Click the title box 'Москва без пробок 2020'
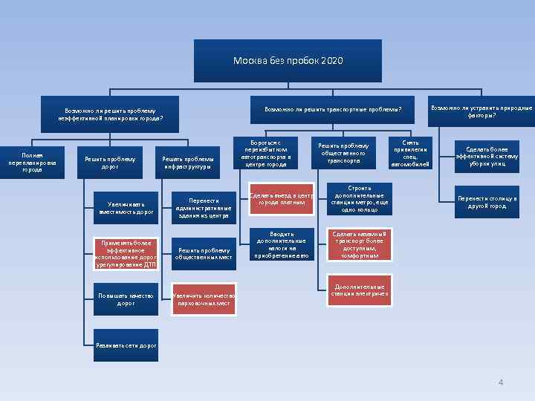pos(288,61)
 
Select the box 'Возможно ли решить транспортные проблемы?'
pos(333,109)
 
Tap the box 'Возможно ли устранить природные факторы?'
pos(481,111)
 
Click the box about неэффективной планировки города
pos(110,114)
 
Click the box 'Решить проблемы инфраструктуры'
pos(188,162)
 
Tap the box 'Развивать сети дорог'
pos(126,345)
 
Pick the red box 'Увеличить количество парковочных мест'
pos(204,299)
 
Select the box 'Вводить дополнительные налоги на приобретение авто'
pos(281,244)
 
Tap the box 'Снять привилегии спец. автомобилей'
pos(410,152)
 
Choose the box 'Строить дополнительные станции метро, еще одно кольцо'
pos(360,198)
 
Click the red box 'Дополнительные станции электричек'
pos(360,290)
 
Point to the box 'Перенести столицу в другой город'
pos(487,202)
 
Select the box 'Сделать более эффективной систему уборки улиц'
pos(487,154)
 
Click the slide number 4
pos(501,382)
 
